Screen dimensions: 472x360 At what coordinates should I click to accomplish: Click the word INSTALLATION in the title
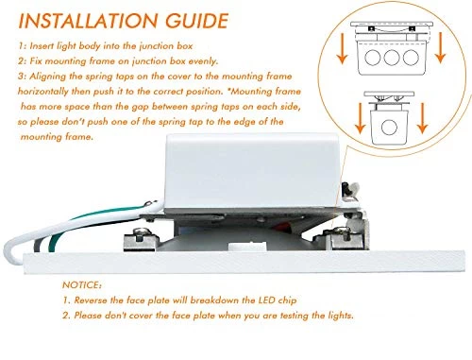pyautogui.click(x=88, y=21)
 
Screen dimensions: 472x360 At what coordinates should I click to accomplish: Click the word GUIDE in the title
pyautogui.click(x=196, y=21)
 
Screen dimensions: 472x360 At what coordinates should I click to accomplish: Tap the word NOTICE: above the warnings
pyautogui.click(x=82, y=285)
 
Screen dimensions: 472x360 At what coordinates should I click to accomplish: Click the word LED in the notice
pyautogui.click(x=266, y=300)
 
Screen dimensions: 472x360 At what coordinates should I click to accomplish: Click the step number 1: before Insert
pyautogui.click(x=22, y=46)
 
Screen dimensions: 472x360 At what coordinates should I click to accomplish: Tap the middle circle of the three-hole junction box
pyautogui.click(x=392, y=58)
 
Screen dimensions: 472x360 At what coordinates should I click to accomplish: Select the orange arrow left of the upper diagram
pyautogui.click(x=342, y=48)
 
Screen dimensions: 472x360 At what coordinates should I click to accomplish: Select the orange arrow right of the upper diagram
pyautogui.click(x=441, y=47)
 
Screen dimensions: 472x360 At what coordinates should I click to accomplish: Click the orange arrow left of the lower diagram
pyautogui.click(x=360, y=118)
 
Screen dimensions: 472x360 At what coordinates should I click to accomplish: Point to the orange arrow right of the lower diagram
pyautogui.click(x=422, y=118)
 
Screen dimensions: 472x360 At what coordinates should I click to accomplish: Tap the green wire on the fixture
pyautogui.click(x=63, y=229)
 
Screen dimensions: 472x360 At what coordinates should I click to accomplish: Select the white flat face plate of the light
pyautogui.click(x=244, y=262)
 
